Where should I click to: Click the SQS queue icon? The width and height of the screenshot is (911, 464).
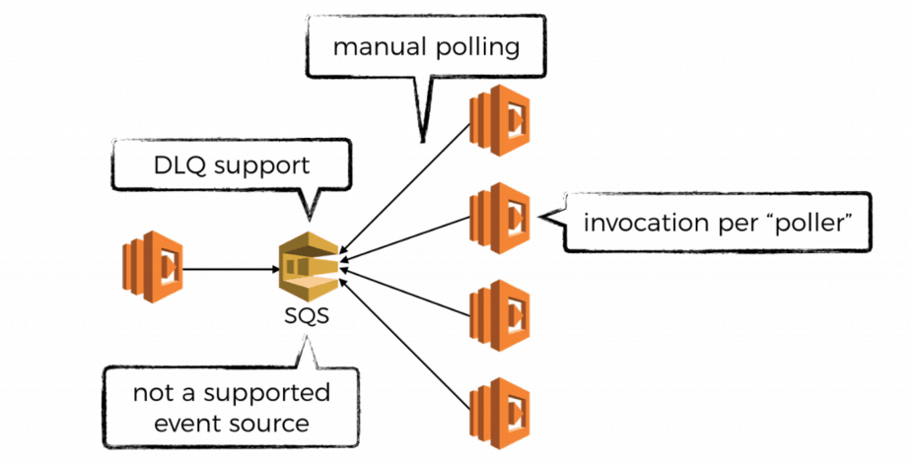[x=308, y=268]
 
